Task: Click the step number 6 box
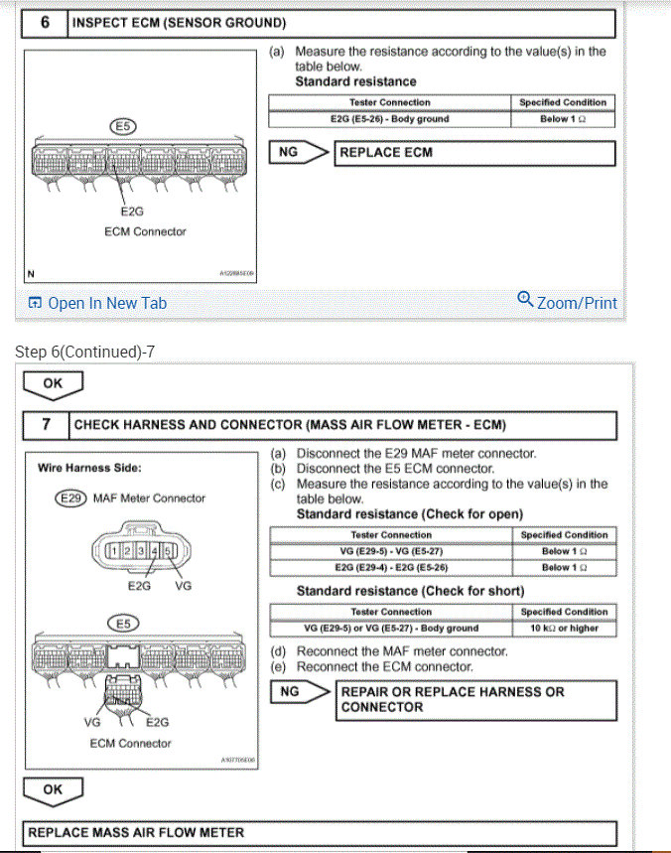pos(45,22)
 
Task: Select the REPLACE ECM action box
pos(475,153)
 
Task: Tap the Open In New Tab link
pos(98,303)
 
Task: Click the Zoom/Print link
pos(568,303)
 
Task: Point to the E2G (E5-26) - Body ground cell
pos(389,119)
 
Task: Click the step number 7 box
pos(46,425)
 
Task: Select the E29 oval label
pos(70,498)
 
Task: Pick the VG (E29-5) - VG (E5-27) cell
pos(391,551)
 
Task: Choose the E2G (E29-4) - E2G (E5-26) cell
pos(391,567)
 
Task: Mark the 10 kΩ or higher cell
pos(564,628)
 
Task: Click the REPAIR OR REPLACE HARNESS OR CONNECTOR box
pos(476,699)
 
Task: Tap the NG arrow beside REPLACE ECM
pos(299,153)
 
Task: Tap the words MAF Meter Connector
pos(149,498)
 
